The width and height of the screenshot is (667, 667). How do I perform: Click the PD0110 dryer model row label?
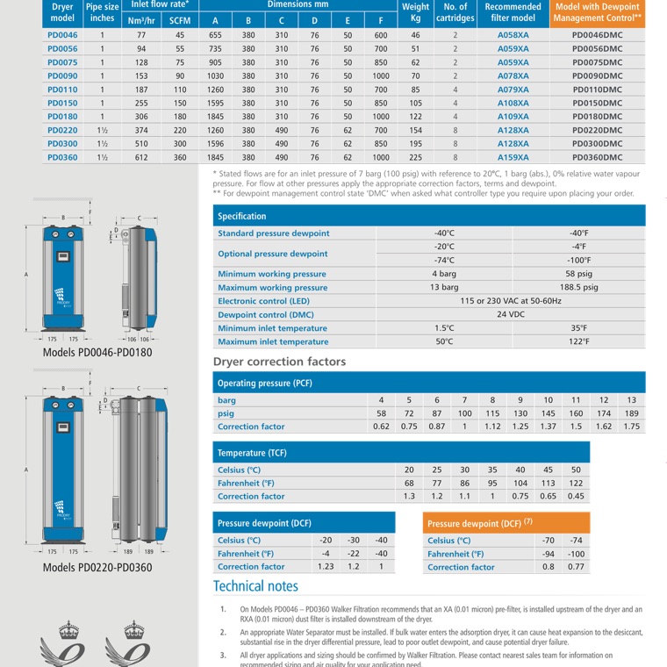pos(62,90)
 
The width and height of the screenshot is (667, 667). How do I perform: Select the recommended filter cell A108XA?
pos(513,103)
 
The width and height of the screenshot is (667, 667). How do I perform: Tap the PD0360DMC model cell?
pos(597,157)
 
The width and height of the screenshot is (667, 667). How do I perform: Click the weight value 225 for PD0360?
pos(415,157)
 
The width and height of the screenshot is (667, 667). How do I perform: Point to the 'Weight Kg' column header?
pos(415,11)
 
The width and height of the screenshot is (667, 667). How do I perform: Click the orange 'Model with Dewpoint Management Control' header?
pos(597,11)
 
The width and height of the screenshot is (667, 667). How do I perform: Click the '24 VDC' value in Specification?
pos(511,314)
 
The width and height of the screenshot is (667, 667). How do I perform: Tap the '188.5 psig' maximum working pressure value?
pos(578,287)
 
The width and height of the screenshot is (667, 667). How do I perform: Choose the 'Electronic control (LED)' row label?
pos(263,301)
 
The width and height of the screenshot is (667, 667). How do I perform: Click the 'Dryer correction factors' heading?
pos(279,362)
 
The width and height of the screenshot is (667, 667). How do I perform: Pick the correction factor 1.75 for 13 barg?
pos(631,427)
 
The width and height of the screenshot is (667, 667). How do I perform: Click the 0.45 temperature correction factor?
pos(576,496)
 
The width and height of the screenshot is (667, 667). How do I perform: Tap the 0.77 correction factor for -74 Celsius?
pos(576,567)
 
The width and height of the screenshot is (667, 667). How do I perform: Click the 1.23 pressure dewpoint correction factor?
pos(326,567)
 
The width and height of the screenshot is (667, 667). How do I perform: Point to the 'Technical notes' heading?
pos(255,586)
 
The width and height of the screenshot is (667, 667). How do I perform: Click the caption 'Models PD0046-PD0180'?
pos(97,353)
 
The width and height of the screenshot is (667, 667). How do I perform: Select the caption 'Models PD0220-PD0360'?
pos(97,568)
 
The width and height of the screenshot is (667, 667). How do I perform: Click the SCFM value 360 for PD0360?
pos(180,157)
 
